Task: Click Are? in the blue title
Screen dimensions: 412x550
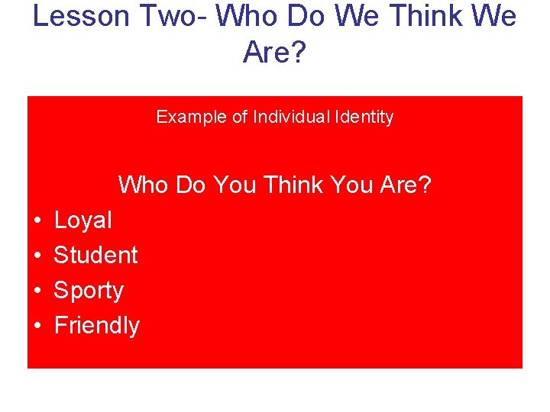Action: click(x=274, y=52)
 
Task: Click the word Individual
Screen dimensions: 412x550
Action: click(x=291, y=117)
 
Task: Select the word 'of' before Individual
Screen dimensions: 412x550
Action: click(x=240, y=117)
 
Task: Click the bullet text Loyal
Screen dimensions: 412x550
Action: click(x=82, y=220)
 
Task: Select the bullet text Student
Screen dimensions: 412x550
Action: click(x=95, y=255)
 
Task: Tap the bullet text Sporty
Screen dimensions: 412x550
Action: click(x=89, y=291)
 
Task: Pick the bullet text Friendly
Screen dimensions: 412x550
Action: click(x=97, y=326)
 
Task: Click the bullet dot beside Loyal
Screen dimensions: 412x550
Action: click(x=37, y=221)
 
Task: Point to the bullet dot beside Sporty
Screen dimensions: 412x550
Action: click(x=37, y=291)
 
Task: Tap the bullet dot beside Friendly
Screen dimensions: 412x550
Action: click(x=37, y=327)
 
